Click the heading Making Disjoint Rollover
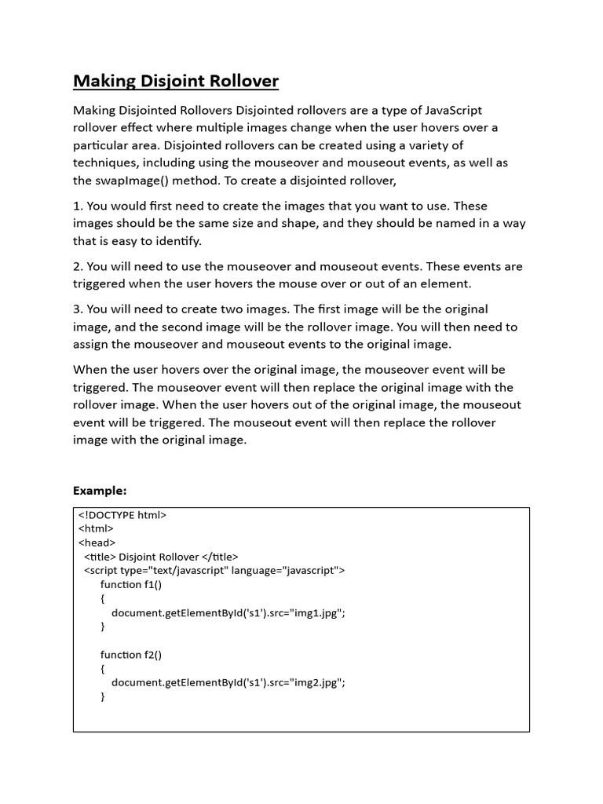point(176,81)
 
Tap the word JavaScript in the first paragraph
point(451,111)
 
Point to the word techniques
point(107,163)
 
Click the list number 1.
point(77,206)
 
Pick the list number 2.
point(77,266)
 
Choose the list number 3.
point(77,309)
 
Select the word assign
point(91,344)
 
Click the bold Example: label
point(100,491)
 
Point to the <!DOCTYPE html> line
point(122,515)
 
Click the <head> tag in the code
point(97,543)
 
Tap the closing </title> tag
point(221,557)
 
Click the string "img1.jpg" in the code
point(316,613)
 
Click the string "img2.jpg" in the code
point(316,682)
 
